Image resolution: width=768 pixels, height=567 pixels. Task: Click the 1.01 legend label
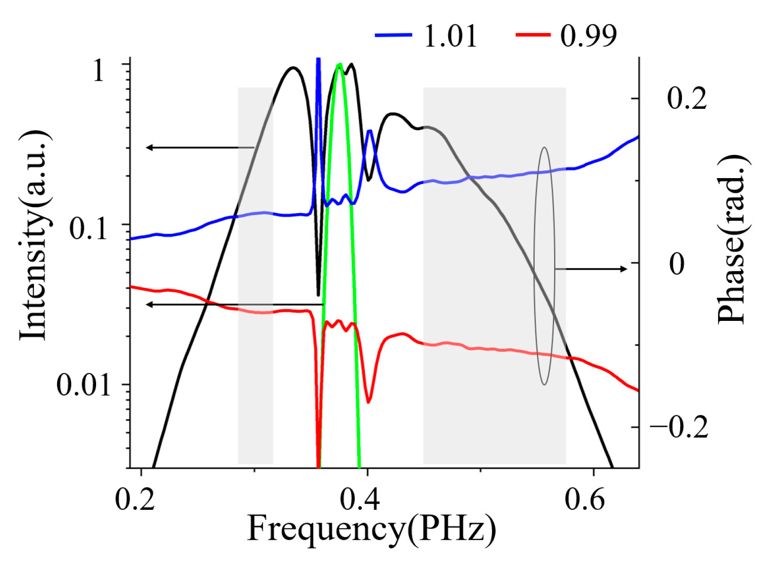450,36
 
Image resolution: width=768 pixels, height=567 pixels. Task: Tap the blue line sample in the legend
393,35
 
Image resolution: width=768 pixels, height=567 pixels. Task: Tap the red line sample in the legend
533,35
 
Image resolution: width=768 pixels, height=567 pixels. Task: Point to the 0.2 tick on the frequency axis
135,500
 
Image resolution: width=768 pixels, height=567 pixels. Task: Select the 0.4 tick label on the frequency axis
360,500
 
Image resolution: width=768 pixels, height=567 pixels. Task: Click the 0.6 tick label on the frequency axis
585,500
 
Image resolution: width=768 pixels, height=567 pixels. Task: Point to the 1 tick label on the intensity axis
98,71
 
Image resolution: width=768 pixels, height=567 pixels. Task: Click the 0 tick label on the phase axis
676,264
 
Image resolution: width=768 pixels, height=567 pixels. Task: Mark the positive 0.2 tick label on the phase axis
686,98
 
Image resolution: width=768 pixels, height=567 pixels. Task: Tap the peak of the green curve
339,65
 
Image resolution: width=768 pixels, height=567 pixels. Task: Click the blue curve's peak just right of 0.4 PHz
370,131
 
